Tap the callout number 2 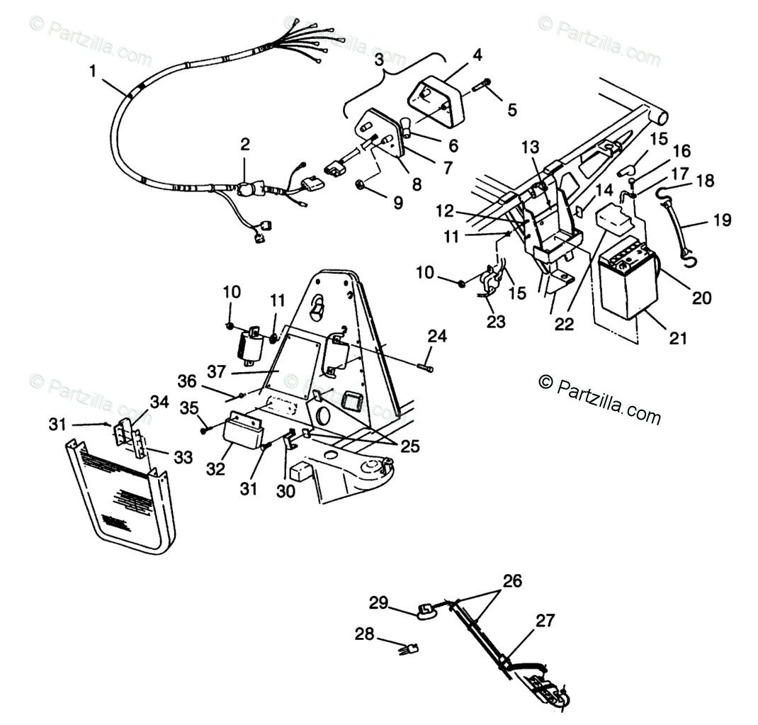point(244,145)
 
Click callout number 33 point(183,458)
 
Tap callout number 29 point(378,603)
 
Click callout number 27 point(545,622)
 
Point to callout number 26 point(511,582)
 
